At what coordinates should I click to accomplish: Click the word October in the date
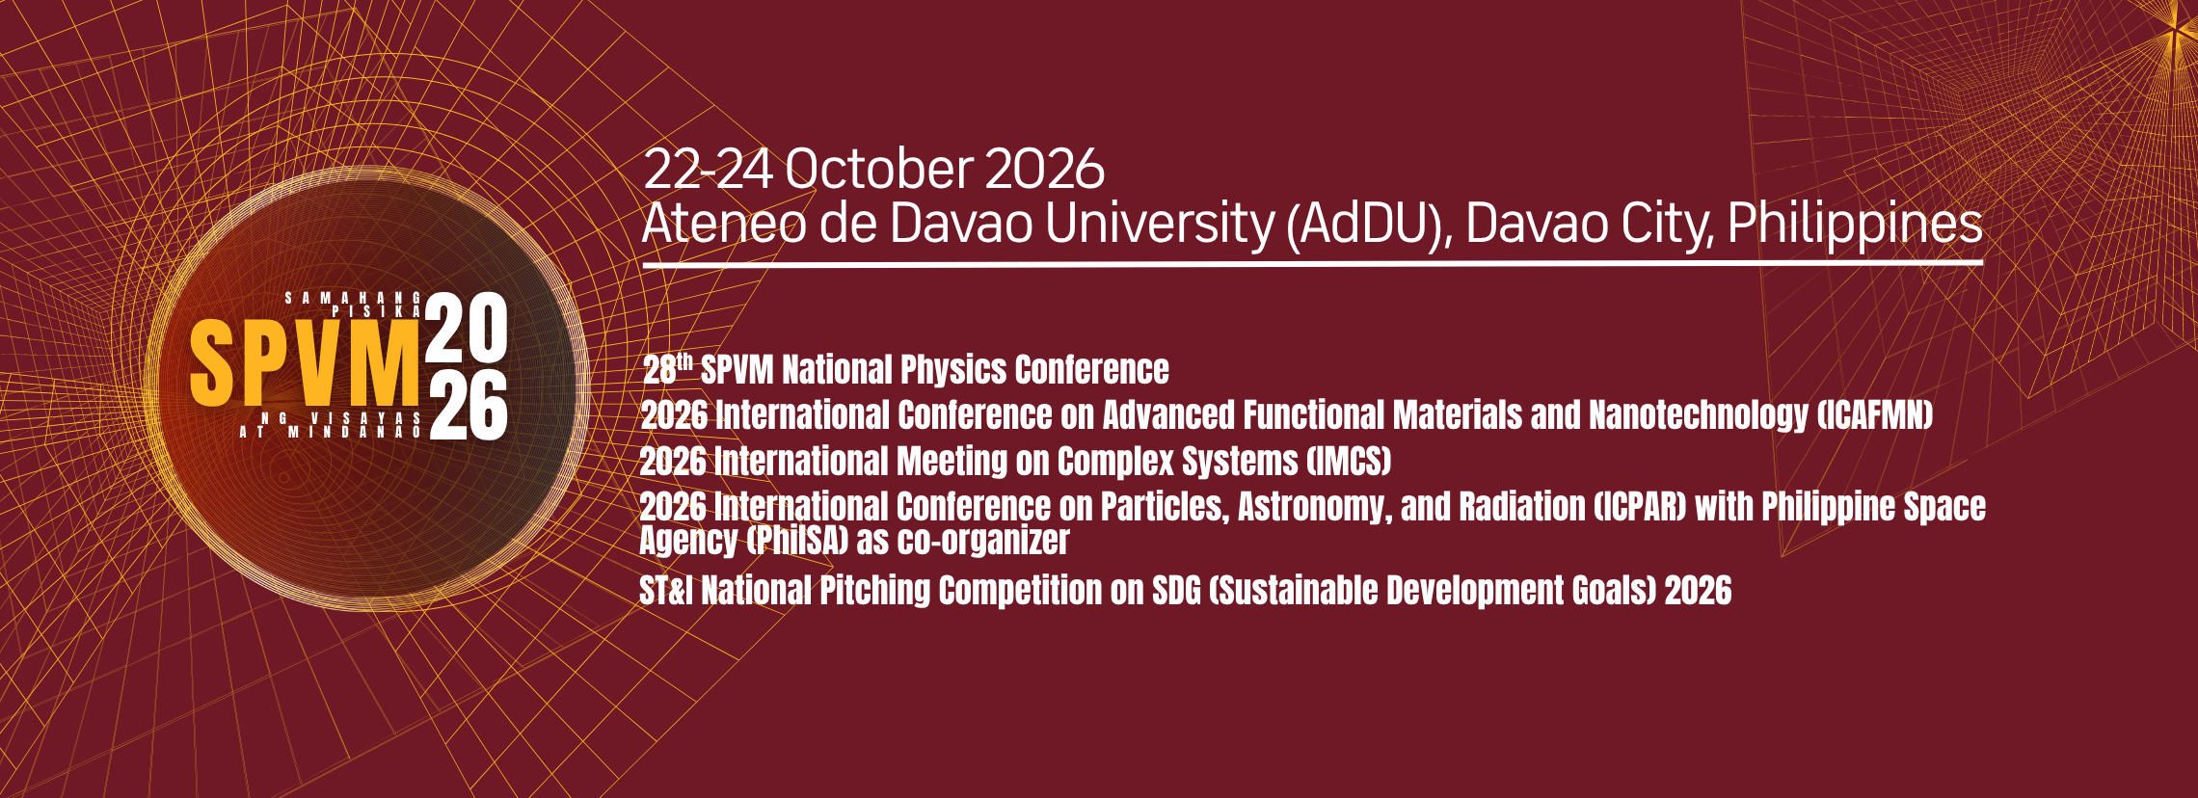pyautogui.click(x=876, y=170)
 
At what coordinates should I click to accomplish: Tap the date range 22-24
pyautogui.click(x=709, y=170)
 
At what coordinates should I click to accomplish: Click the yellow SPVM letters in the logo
pyautogui.click(x=306, y=362)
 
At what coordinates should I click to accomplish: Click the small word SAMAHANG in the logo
pyautogui.click(x=354, y=299)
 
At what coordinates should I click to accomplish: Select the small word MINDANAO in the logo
pyautogui.click(x=356, y=433)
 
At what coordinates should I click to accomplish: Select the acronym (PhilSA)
pyautogui.click(x=797, y=541)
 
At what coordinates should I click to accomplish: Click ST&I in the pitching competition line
pyautogui.click(x=666, y=591)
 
